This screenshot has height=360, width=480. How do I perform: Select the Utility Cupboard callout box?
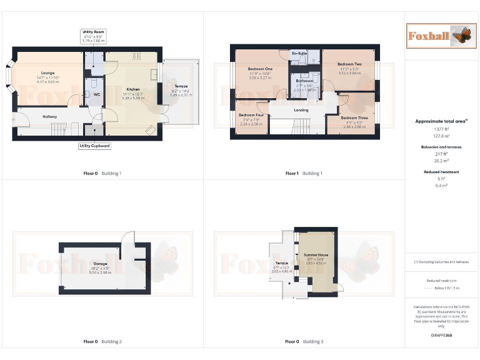(x=95, y=146)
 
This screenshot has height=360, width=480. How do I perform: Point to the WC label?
(x=96, y=94)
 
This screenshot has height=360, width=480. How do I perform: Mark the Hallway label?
(x=50, y=116)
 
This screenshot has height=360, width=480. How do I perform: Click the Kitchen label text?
(x=132, y=89)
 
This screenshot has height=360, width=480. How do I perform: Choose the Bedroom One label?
(x=260, y=69)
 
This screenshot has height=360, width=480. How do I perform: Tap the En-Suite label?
(x=299, y=54)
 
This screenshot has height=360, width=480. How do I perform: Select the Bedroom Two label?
(x=349, y=64)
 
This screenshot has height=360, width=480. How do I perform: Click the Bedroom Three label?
(x=353, y=117)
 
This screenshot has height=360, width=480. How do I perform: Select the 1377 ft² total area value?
(x=441, y=129)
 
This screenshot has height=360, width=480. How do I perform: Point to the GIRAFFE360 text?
(x=441, y=336)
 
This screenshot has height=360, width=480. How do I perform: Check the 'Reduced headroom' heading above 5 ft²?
(x=441, y=171)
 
